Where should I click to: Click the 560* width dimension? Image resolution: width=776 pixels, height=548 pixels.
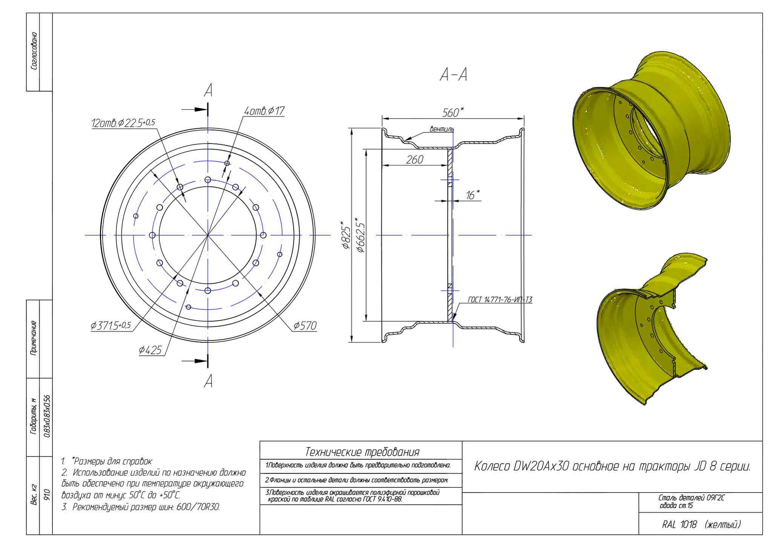(x=453, y=112)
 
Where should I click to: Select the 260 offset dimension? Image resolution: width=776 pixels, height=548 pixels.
(x=415, y=159)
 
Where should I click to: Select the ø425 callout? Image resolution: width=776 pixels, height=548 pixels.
(x=150, y=351)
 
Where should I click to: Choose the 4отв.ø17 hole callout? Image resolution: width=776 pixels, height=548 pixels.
(x=264, y=111)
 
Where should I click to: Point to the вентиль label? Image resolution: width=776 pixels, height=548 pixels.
(x=442, y=129)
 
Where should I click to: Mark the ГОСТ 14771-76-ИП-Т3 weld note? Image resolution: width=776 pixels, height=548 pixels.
(x=500, y=300)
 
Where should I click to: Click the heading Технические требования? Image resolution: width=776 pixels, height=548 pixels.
(x=362, y=452)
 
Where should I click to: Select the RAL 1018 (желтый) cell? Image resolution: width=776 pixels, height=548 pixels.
(x=701, y=524)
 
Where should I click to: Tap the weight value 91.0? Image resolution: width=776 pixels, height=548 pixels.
(x=46, y=494)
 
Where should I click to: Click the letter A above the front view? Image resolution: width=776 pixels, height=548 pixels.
(x=208, y=90)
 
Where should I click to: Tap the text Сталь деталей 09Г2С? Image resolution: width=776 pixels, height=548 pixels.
(x=691, y=498)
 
